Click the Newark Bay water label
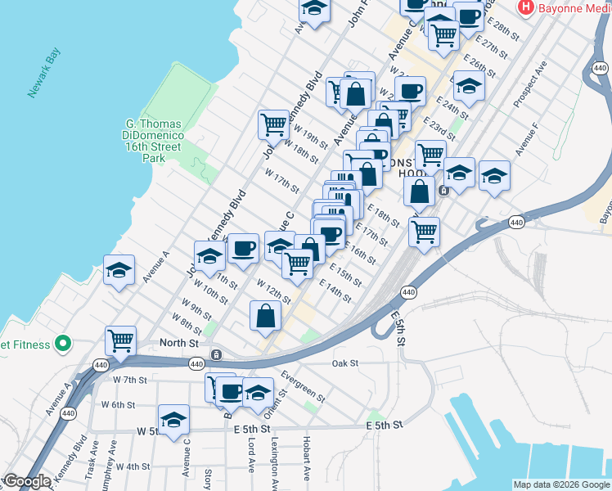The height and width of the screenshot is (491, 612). tap(45, 78)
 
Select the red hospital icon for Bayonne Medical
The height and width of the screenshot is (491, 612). tap(526, 7)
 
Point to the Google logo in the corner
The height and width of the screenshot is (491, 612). tap(27, 481)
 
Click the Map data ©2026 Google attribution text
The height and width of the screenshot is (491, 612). tap(560, 484)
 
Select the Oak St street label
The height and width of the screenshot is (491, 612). tap(345, 363)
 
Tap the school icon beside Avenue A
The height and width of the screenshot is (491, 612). tap(119, 269)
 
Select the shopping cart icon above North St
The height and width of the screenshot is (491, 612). tap(121, 339)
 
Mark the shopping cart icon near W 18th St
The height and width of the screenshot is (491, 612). tap(273, 124)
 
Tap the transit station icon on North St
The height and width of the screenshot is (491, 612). tap(216, 354)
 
